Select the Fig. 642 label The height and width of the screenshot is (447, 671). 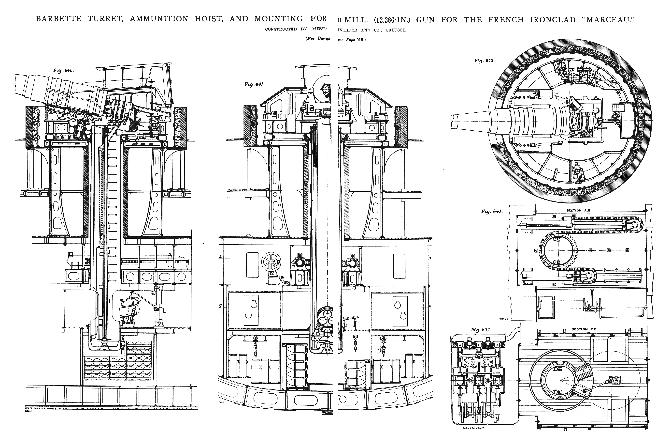tap(485, 61)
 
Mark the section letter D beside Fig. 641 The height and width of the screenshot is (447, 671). tap(430, 307)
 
